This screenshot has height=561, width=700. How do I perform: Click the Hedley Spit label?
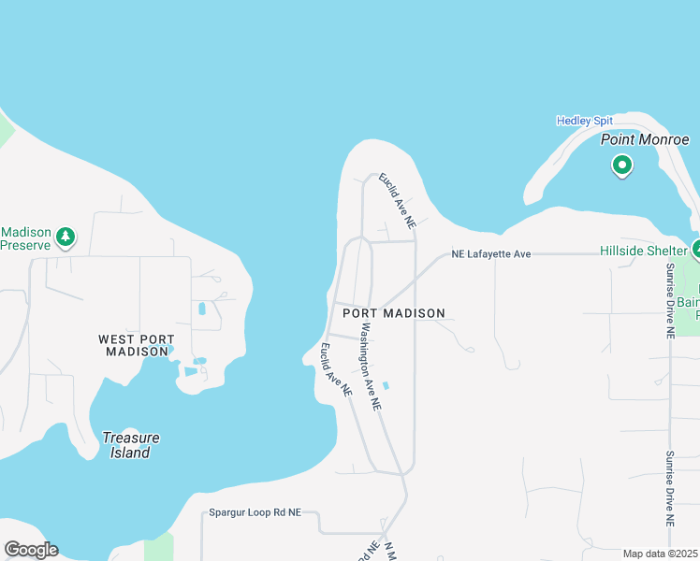(x=584, y=121)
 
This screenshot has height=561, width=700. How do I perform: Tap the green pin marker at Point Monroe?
(x=621, y=166)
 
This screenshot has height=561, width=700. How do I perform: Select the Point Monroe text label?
(x=645, y=139)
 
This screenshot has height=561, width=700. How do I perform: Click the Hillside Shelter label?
(x=643, y=251)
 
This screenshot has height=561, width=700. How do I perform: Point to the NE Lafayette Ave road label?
(x=490, y=253)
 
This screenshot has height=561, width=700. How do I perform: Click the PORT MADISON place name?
(x=393, y=313)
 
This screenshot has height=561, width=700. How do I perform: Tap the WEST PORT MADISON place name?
(x=137, y=345)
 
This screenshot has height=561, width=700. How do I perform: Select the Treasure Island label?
(x=130, y=445)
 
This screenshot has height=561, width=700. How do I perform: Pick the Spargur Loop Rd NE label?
(x=255, y=512)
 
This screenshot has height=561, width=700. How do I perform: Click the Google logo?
(x=31, y=550)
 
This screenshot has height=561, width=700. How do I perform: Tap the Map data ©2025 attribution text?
(x=661, y=554)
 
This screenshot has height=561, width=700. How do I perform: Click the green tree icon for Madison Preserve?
(x=65, y=237)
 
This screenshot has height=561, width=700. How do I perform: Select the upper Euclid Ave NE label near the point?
(x=397, y=201)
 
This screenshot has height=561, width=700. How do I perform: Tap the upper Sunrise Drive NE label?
(x=670, y=299)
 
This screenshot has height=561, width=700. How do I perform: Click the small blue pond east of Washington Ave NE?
(x=386, y=385)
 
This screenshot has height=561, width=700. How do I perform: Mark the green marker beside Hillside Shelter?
(x=696, y=250)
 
